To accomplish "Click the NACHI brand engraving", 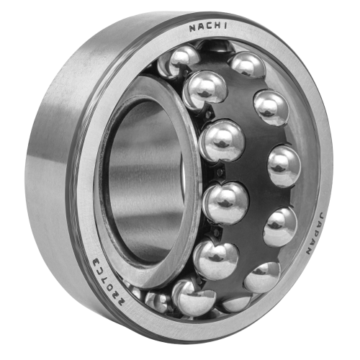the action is (x=208, y=27).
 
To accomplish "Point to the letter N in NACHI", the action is (x=193, y=28).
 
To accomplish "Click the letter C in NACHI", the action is (x=208, y=27).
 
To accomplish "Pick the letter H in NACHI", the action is (x=217, y=27).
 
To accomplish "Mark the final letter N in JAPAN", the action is (x=310, y=250).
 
